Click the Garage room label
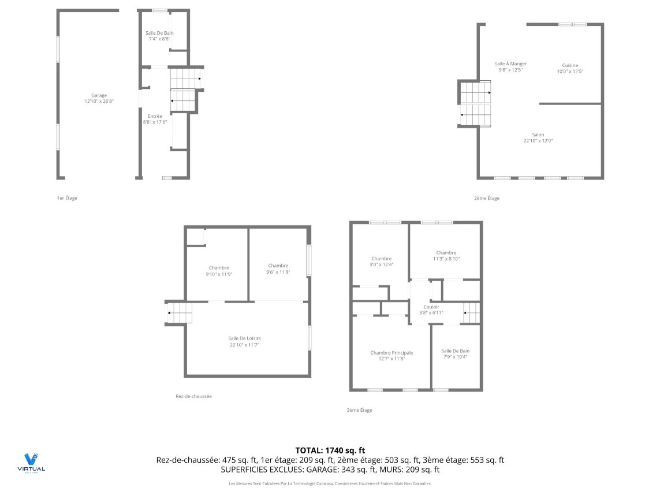[x=99, y=95]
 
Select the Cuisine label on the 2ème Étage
[x=570, y=65]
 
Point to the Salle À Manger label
[x=510, y=64]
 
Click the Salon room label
[x=538, y=135]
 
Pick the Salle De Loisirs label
[x=248, y=338]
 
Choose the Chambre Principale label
[x=391, y=352]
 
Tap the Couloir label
[x=431, y=307]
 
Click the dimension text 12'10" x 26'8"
[x=99, y=102]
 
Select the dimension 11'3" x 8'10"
[x=446, y=259]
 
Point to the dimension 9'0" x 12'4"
[x=382, y=265]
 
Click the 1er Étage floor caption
[x=67, y=198]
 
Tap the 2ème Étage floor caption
[x=487, y=198]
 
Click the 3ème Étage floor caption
[x=359, y=410]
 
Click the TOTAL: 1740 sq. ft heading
[x=330, y=450]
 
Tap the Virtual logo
[x=31, y=463]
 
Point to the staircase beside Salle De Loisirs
[x=179, y=314]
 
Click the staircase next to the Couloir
[x=472, y=312]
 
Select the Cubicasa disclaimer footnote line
[x=330, y=483]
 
